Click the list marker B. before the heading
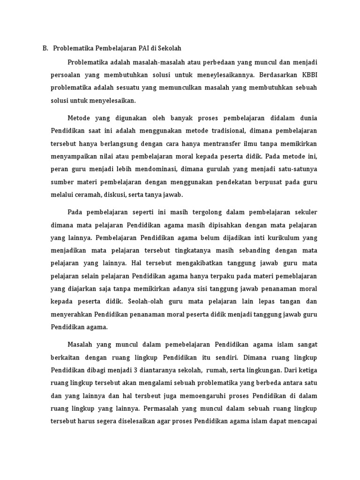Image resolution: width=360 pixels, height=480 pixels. [45, 48]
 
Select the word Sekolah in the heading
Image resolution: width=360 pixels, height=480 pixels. [170, 48]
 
